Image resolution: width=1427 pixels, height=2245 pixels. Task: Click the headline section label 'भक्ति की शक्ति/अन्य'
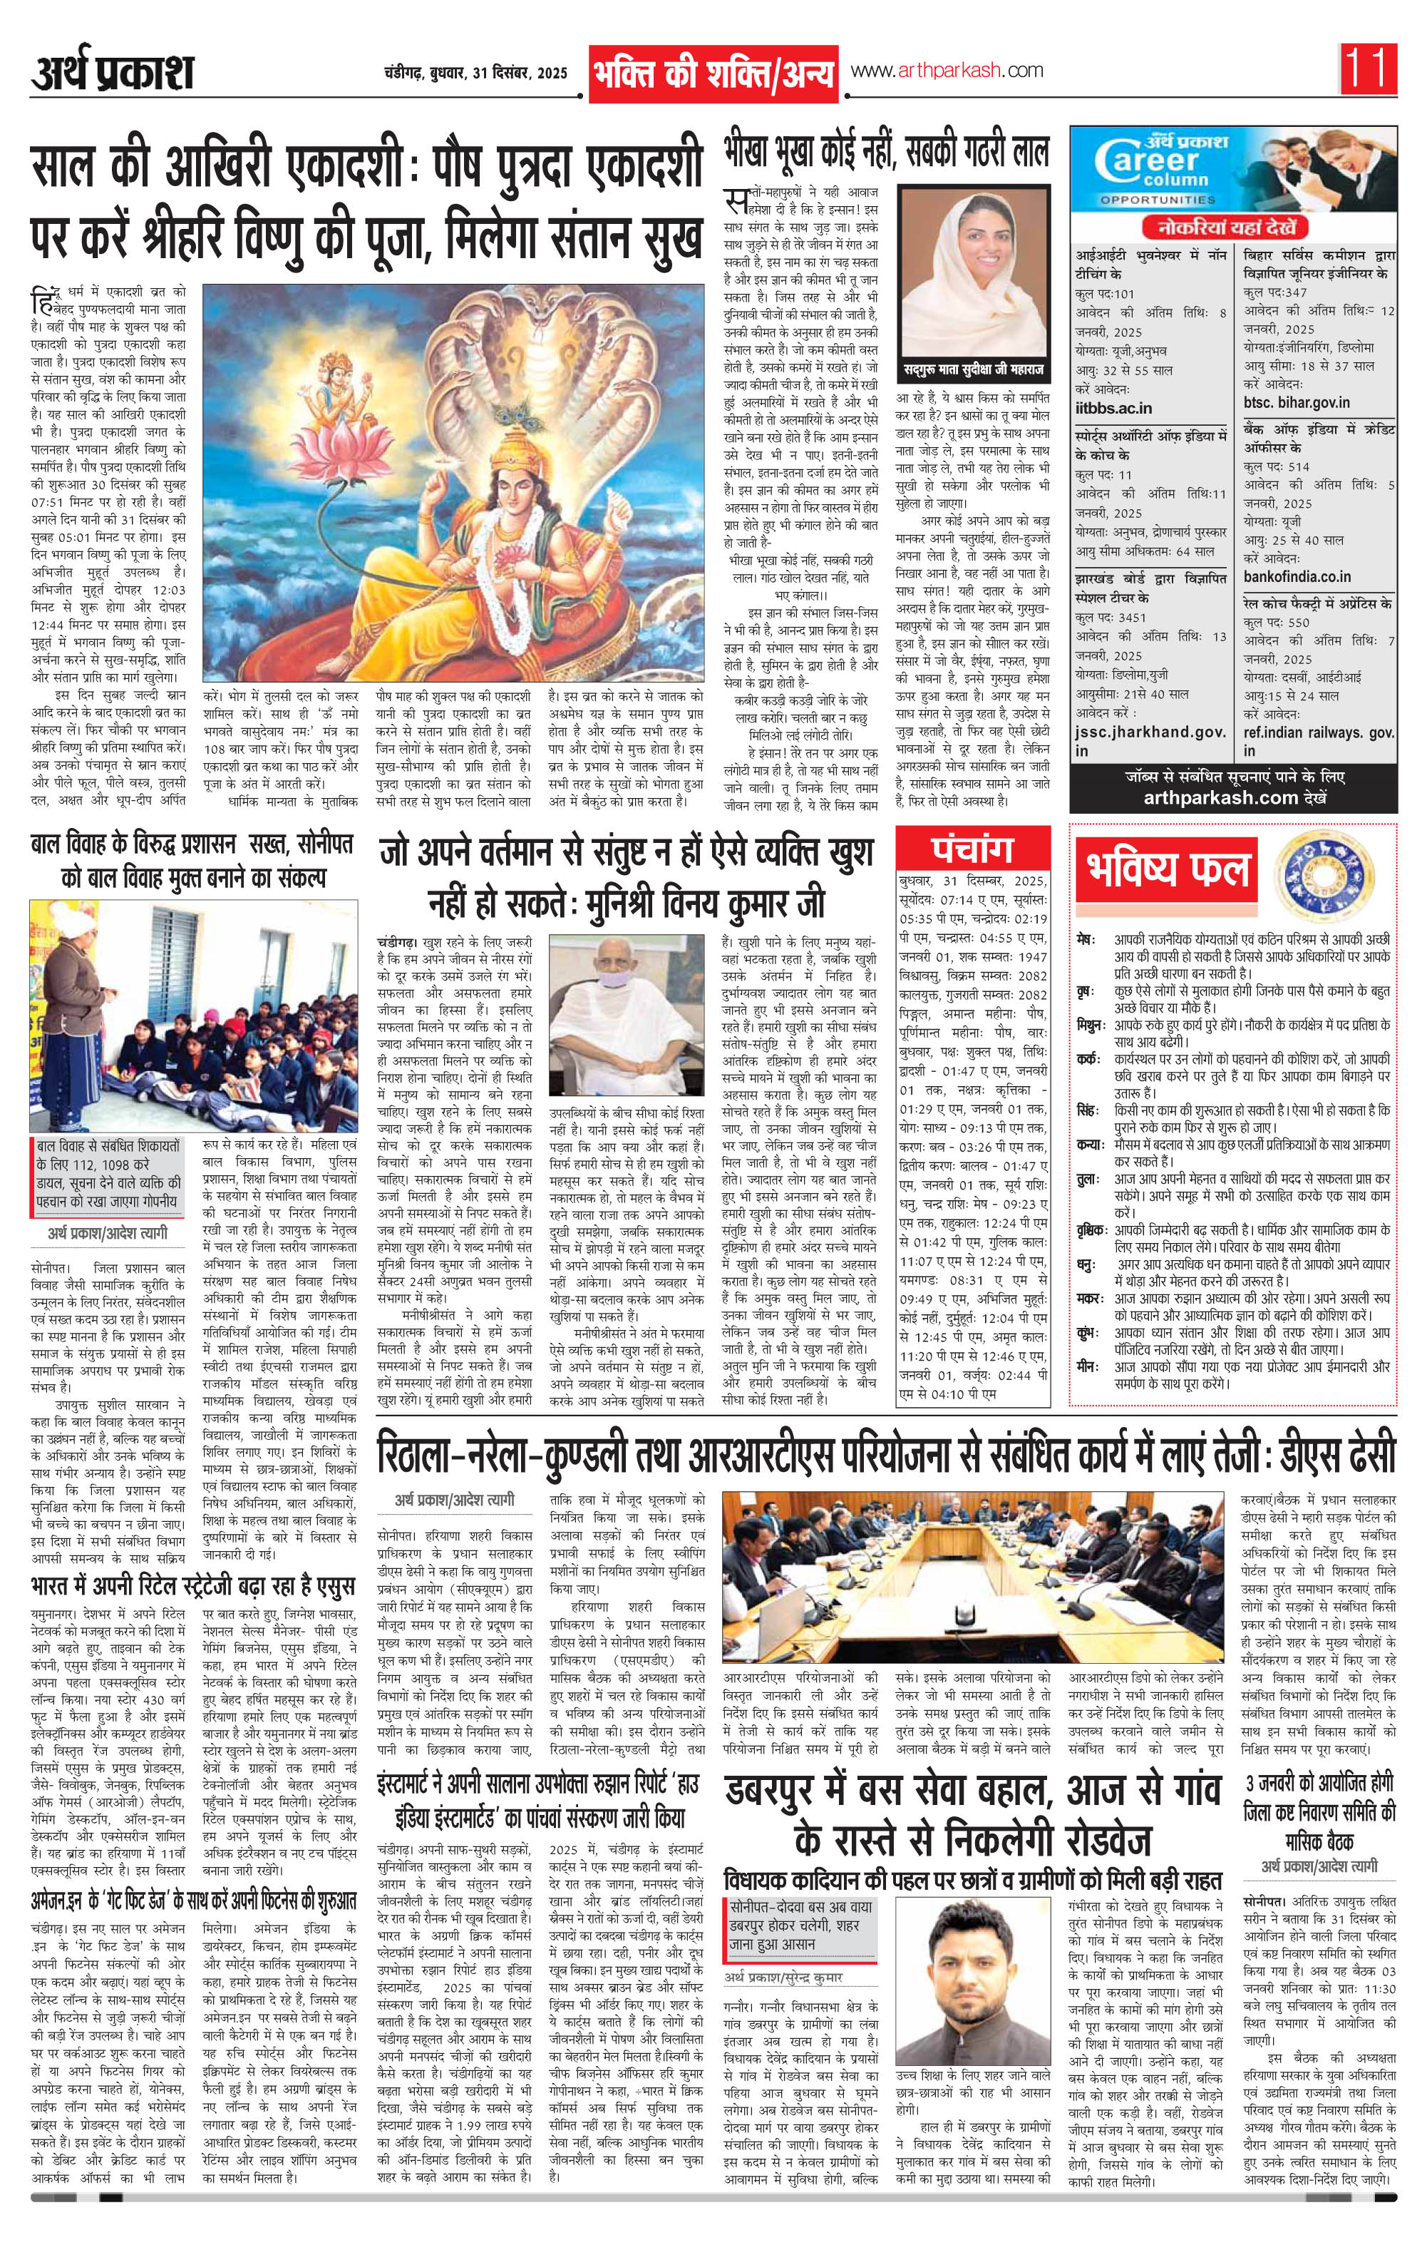(x=712, y=73)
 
